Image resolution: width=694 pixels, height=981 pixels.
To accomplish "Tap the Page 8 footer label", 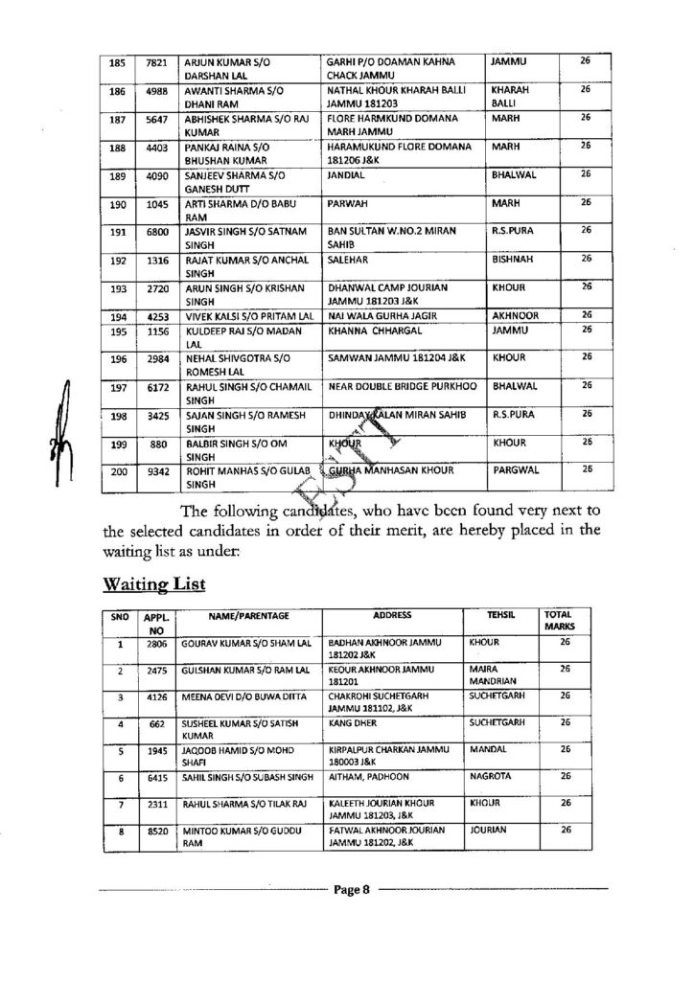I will tap(351, 890).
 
